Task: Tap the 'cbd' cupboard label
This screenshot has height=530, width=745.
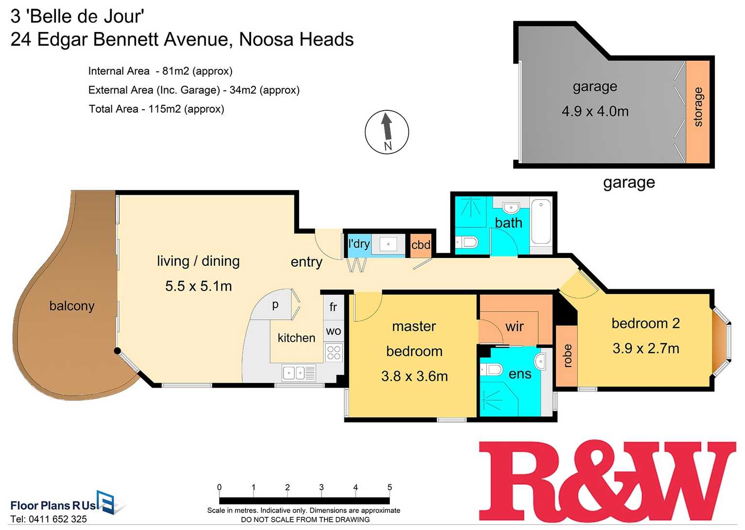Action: tap(421, 244)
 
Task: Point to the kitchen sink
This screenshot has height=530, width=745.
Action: tap(294, 373)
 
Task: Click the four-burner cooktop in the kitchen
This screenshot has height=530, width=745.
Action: tap(334, 352)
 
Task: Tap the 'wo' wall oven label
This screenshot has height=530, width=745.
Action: tap(333, 331)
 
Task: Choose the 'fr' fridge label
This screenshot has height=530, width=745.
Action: tap(333, 307)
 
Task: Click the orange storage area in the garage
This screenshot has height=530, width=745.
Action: tap(698, 111)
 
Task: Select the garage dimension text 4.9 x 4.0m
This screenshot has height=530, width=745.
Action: tap(595, 111)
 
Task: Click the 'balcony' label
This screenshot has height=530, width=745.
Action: tap(72, 306)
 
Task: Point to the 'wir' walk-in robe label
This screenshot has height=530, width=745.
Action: tap(514, 326)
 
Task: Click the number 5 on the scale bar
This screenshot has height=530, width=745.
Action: tap(389, 487)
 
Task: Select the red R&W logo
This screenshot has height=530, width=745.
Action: tap(607, 481)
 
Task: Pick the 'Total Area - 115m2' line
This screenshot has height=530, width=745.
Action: tap(156, 109)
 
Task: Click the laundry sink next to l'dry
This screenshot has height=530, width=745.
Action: tap(388, 244)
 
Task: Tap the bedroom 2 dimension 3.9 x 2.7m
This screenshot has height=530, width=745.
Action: tap(645, 348)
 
